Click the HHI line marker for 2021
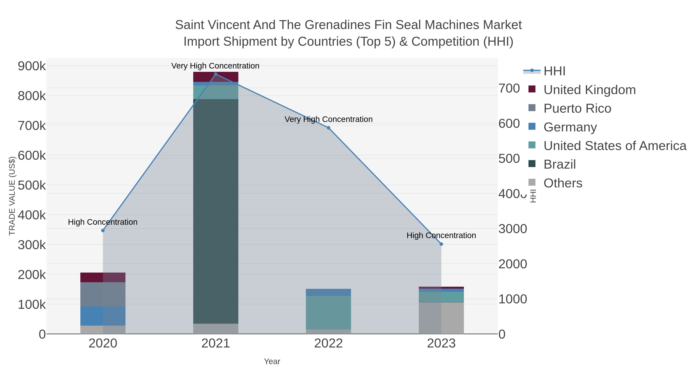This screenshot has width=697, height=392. click(x=216, y=74)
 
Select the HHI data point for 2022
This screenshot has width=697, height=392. click(x=329, y=128)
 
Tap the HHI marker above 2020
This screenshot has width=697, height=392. click(x=103, y=231)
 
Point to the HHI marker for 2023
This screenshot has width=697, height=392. click(x=441, y=244)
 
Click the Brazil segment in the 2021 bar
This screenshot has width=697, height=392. click(x=216, y=211)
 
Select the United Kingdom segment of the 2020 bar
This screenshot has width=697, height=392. click(x=103, y=277)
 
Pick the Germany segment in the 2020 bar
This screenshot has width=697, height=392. click(x=103, y=316)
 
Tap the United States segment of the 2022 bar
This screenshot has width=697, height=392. click(x=329, y=312)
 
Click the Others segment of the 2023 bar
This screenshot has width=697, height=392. click(x=441, y=318)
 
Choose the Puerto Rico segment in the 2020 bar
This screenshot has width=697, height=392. click(x=103, y=294)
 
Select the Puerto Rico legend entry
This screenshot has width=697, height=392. click(x=577, y=108)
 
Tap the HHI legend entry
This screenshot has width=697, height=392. click(x=554, y=71)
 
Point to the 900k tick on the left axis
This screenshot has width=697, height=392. click(x=32, y=66)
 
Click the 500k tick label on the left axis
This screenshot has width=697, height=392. click(x=32, y=186)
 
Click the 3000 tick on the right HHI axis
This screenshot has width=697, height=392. click(x=513, y=229)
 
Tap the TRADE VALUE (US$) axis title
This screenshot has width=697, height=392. click(x=12, y=196)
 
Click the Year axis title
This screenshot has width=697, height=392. click(x=272, y=361)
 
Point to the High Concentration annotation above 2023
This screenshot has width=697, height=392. click(x=441, y=235)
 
